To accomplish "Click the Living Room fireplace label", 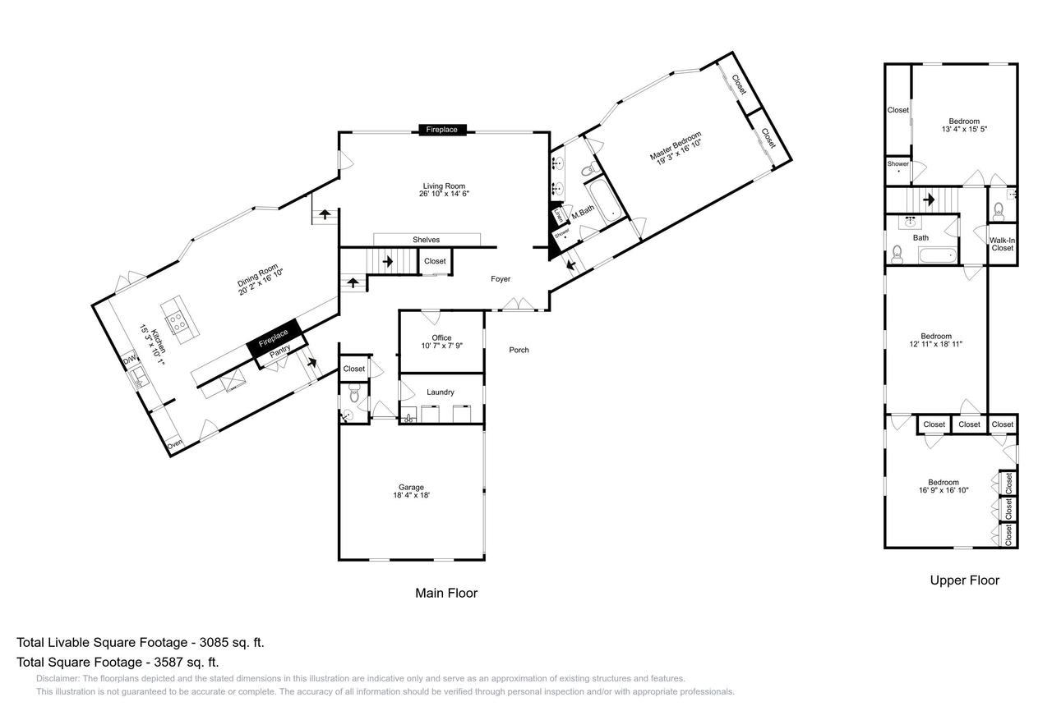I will coord(443,130).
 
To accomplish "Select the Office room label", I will coord(441,338).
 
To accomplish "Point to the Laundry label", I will coord(441,392).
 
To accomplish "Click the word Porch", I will coord(519,350).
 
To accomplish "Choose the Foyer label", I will coord(501,279).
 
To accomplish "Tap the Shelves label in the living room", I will coord(426,240).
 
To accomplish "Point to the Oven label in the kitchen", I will coord(174,446).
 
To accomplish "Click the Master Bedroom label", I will coord(676,148).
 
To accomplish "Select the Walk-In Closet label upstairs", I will coord(1002,244).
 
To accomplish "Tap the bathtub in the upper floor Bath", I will coord(937,255).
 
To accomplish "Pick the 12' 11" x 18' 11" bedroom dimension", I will coord(935,345).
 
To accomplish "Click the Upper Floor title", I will coord(964,580).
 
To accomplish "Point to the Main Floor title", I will coord(445,593).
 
